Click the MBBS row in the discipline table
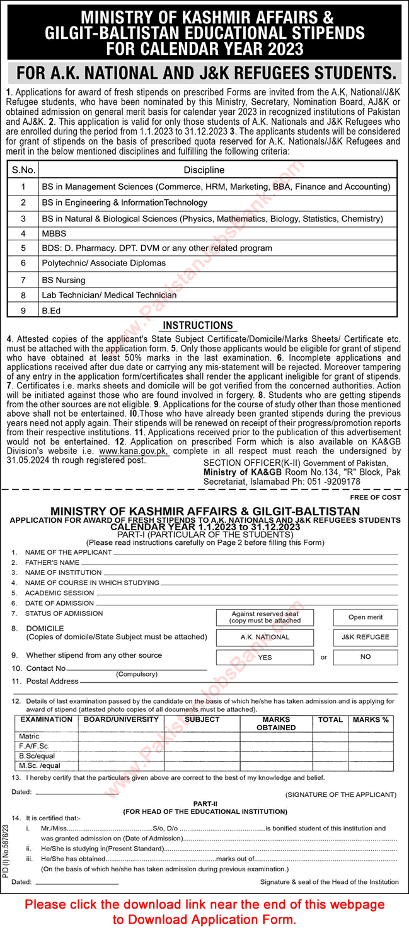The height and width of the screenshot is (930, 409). [x=54, y=233]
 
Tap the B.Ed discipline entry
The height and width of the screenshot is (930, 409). [x=52, y=310]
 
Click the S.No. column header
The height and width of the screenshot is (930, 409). [x=23, y=170]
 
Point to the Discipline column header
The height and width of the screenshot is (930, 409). [x=204, y=170]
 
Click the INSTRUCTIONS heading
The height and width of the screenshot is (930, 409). [x=197, y=325]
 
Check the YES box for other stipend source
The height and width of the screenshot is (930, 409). [x=265, y=657]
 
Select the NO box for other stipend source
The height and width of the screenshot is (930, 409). [x=365, y=657]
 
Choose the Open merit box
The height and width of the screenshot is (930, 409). [x=365, y=617]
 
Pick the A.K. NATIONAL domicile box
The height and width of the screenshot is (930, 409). [x=265, y=637]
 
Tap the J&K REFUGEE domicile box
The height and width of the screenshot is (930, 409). [x=365, y=637]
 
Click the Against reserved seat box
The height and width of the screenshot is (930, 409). [x=265, y=617]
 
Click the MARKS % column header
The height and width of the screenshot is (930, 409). [x=371, y=719]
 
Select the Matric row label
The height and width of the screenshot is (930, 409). [x=29, y=736]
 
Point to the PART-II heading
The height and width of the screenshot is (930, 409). [x=205, y=804]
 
